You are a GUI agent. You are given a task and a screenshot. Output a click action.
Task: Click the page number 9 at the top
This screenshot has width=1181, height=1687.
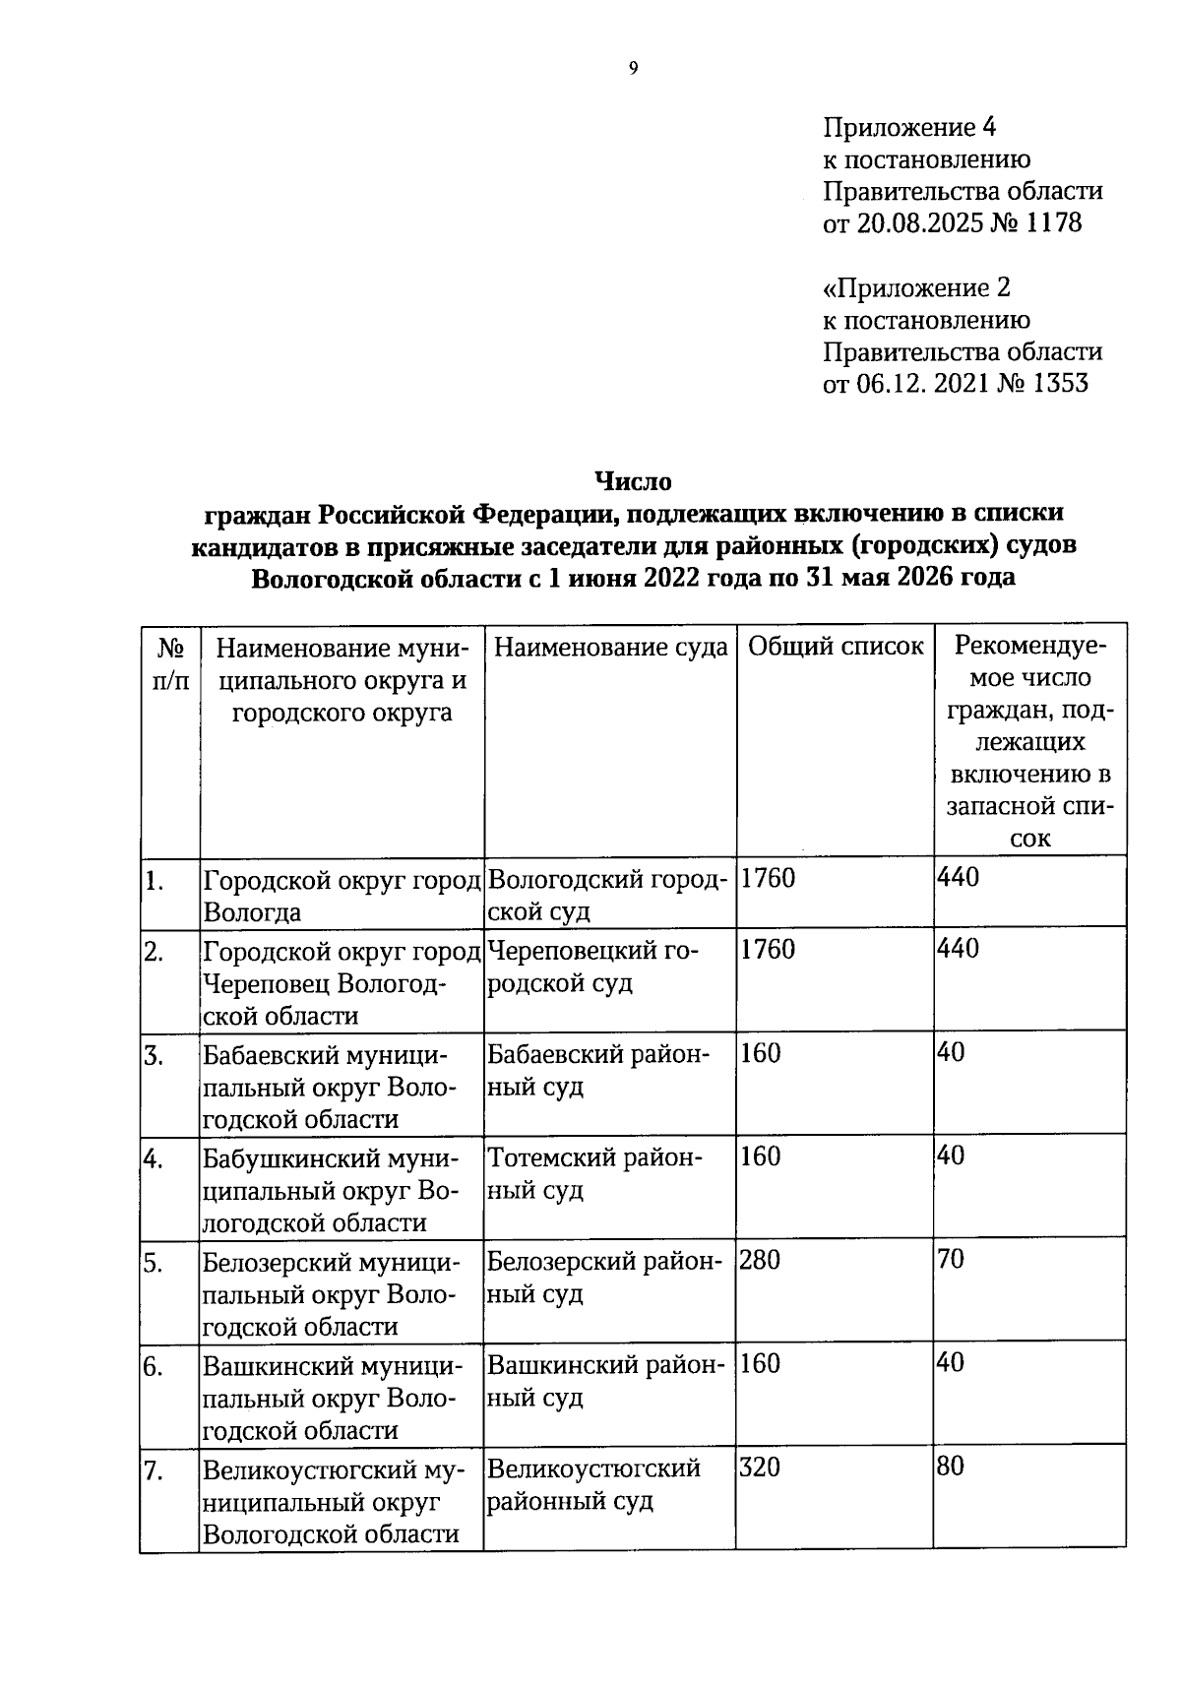tap(633, 68)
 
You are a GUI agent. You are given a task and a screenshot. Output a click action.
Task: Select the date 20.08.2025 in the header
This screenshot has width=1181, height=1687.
tap(921, 223)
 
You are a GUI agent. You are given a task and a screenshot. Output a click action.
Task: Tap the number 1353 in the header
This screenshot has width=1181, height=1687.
tap(1061, 383)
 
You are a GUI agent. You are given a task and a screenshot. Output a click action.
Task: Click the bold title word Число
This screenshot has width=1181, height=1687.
tap(633, 481)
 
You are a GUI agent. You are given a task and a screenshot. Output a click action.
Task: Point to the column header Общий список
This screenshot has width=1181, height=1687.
tap(836, 647)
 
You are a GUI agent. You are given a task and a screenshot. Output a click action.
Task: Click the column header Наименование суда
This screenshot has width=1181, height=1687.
tap(610, 647)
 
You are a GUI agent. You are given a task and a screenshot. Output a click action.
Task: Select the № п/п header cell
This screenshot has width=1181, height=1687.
tap(170, 663)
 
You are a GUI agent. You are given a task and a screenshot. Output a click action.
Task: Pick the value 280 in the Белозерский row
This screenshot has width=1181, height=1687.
tap(759, 1260)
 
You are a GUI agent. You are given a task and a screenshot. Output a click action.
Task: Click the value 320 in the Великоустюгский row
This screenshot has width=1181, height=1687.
tap(759, 1468)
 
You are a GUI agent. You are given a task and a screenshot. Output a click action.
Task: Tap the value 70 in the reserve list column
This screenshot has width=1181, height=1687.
tap(951, 1260)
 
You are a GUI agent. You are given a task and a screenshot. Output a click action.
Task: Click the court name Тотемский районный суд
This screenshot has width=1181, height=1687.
tap(594, 1173)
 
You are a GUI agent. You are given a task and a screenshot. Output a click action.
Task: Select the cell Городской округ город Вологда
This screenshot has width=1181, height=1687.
tap(341, 895)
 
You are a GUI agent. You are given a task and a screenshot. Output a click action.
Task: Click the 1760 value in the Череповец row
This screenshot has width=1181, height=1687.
tap(767, 950)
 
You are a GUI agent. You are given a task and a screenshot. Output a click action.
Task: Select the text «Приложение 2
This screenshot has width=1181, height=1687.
tap(916, 288)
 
